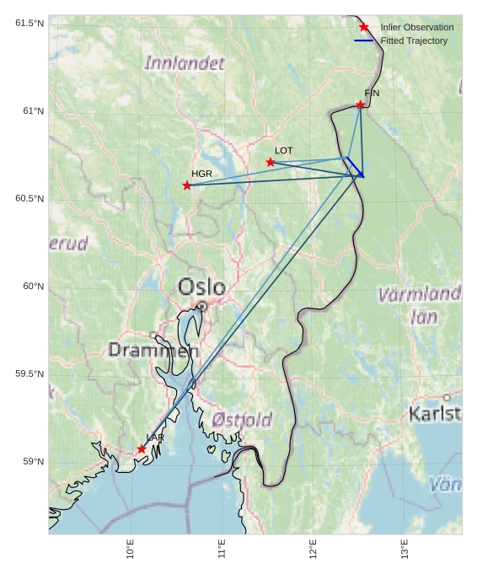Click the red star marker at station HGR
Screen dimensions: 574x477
(187, 185)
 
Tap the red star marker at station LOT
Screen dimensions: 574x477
(271, 162)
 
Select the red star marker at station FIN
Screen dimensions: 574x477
(360, 105)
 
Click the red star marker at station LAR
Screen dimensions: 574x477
(142, 449)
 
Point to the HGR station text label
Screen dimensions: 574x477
(201, 174)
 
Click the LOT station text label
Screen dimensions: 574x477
(284, 150)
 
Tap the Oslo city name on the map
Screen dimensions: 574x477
(201, 287)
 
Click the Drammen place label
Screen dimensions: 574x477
(153, 350)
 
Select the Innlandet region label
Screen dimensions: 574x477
(185, 62)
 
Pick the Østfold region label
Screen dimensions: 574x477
(242, 419)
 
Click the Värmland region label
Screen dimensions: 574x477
(420, 295)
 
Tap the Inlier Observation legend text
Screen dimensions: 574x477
(416, 27)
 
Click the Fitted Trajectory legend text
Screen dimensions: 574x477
(414, 40)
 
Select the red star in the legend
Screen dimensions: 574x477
(364, 27)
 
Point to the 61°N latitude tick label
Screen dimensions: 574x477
(29, 111)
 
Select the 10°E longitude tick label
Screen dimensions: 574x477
(131, 549)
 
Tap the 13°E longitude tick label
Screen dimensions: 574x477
(405, 549)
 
